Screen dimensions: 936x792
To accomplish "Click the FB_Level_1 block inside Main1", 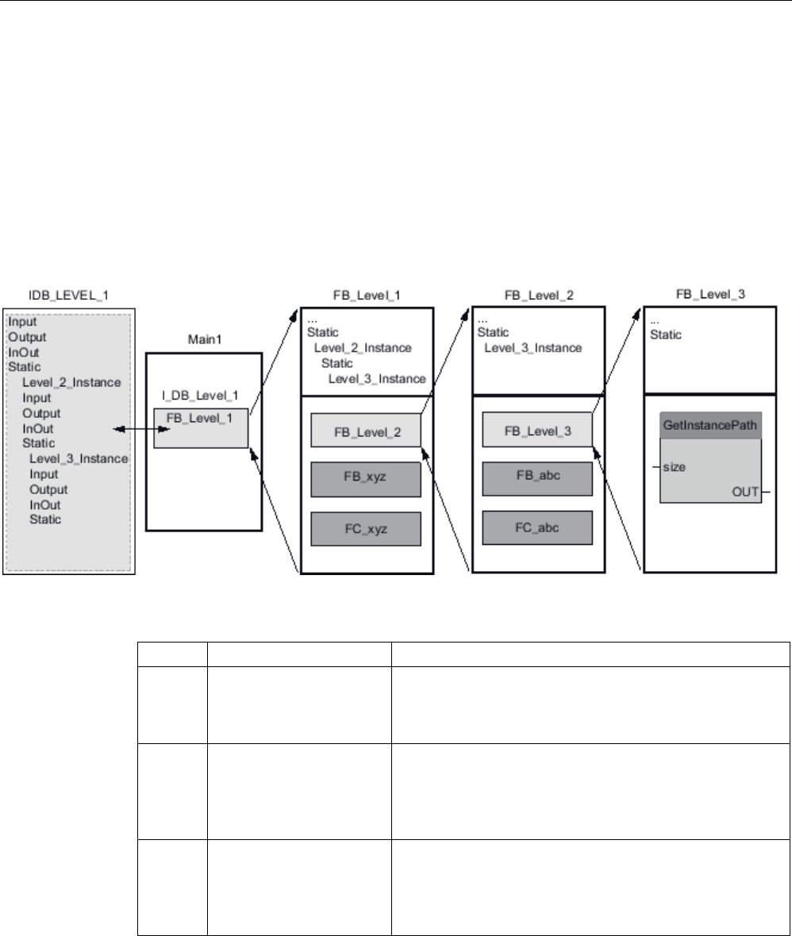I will click(201, 428).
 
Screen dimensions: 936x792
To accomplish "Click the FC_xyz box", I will click(366, 528).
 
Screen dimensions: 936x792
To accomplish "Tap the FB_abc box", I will click(537, 477).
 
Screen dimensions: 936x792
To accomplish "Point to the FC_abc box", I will click(537, 527).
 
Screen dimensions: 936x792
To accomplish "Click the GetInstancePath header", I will click(710, 424).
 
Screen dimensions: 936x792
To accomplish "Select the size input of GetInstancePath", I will click(674, 466).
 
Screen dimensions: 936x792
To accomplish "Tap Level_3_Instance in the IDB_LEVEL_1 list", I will click(79, 458).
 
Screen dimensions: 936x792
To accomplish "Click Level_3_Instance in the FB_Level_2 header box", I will click(532, 348).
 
